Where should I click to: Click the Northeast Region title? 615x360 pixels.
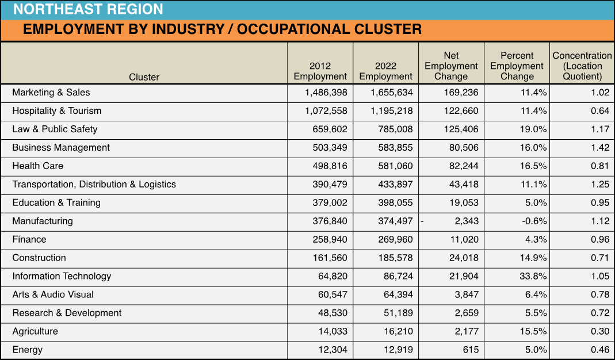coord(88,9)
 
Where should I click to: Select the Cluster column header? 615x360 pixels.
coord(144,77)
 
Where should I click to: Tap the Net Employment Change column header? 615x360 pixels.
coord(451,66)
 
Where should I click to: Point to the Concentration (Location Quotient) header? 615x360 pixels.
coord(582,66)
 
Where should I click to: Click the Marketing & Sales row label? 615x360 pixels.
coord(51,93)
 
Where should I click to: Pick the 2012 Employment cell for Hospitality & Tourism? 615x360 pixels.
coord(326,111)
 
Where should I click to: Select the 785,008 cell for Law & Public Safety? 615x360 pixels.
coord(395,129)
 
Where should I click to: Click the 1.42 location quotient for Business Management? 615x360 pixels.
coord(600,147)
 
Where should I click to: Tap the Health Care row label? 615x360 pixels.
coord(37,166)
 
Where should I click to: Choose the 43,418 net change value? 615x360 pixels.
coord(464,185)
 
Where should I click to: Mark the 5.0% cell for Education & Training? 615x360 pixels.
coord(536,203)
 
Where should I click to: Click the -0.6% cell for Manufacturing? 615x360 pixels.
coord(534,221)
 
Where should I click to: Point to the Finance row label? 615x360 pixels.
coord(29,239)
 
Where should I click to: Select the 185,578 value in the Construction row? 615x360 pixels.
coord(395,258)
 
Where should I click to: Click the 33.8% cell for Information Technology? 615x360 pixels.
coord(533,276)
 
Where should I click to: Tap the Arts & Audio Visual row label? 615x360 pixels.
coord(53,294)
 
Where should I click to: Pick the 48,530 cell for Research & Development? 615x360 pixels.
coord(333,313)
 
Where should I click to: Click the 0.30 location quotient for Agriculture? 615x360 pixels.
coord(600,331)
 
